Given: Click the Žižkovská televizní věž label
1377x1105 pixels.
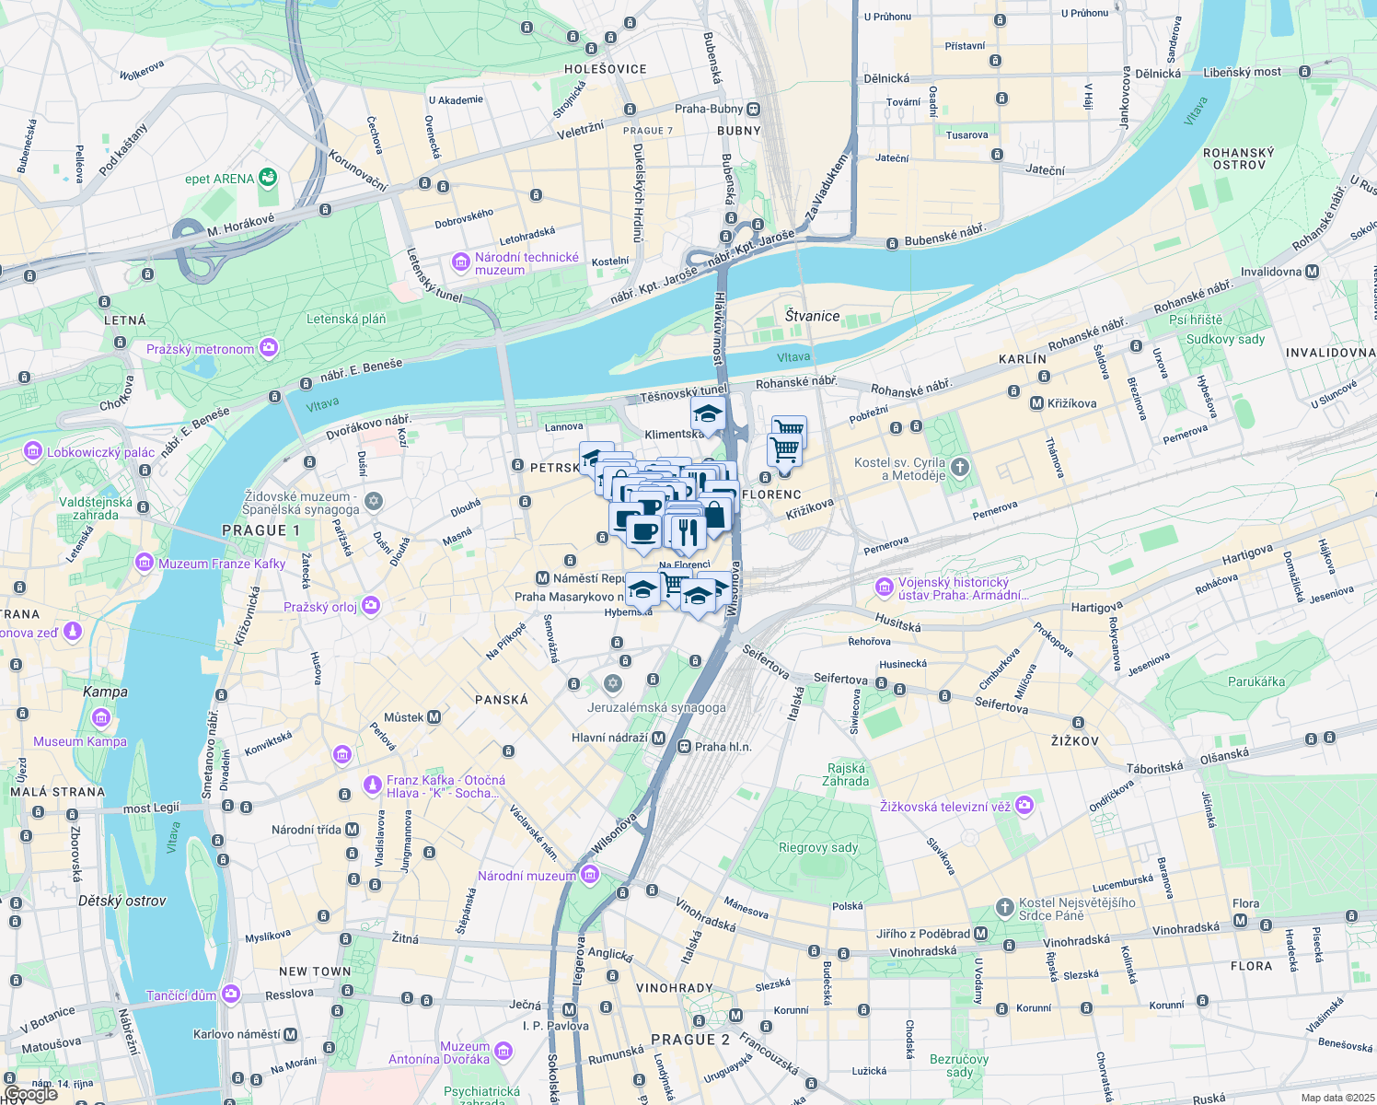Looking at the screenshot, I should click(945, 807).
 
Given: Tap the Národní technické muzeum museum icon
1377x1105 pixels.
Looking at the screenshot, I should click(461, 263).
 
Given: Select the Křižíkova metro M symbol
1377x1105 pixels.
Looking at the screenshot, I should click(1036, 403).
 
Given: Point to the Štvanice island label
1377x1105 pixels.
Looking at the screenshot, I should click(812, 316).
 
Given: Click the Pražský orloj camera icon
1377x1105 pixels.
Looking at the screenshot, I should click(371, 606).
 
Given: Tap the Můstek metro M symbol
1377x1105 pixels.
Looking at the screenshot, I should click(434, 717).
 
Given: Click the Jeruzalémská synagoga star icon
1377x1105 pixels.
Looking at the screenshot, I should click(613, 684).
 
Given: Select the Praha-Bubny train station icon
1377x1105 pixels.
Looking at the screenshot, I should click(754, 109).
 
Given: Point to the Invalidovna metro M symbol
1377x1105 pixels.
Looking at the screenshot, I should click(1312, 272).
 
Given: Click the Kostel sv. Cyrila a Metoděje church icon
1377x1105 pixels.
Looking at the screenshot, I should click(960, 467).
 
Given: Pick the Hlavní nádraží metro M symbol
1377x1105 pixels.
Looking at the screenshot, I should click(659, 738).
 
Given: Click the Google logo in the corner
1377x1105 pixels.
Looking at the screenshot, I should click(30, 1094).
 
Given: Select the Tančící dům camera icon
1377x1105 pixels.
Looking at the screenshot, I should click(230, 994).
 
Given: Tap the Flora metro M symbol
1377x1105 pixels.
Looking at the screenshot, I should click(1240, 920).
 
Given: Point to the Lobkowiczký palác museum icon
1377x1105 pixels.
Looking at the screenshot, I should click(33, 452).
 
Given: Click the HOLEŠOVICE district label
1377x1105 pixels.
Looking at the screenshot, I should click(606, 69).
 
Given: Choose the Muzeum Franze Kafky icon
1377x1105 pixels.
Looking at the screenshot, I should click(144, 563).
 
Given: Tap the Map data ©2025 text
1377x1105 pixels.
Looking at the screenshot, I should click(1337, 1098).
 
